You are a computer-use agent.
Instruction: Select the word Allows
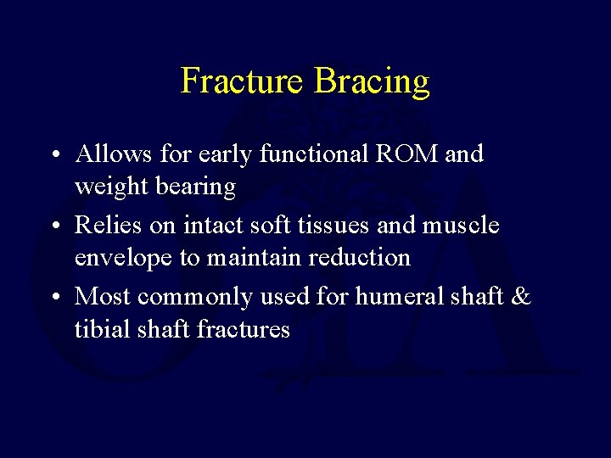coord(110,154)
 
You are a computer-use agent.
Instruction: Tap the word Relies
coord(106,225)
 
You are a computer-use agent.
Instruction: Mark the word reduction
coord(360,257)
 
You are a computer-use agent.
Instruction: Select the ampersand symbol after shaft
coord(521,296)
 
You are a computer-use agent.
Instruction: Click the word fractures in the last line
coord(244,328)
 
